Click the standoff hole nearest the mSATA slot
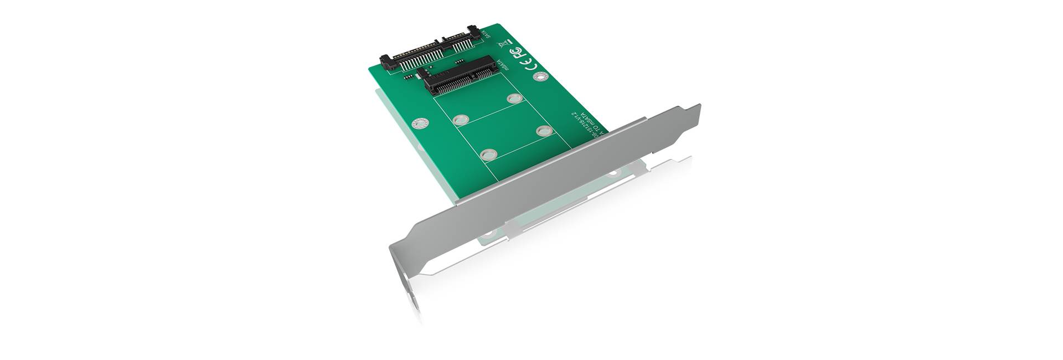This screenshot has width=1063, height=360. point(513,99)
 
